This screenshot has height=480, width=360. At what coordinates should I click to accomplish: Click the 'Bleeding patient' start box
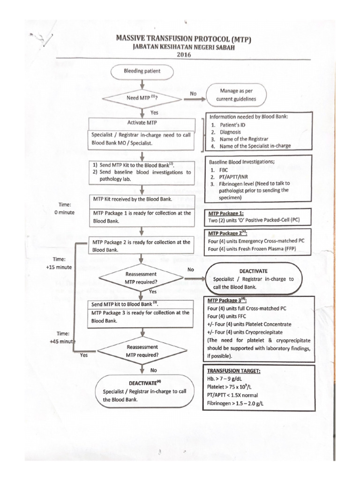click(142, 72)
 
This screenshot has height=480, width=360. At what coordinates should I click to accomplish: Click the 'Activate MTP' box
click(142, 123)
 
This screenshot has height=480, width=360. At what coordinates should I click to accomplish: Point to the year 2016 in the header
click(184, 54)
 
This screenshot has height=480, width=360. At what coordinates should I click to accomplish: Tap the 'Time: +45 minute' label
click(62, 337)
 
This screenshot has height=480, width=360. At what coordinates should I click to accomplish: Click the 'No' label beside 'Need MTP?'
click(193, 93)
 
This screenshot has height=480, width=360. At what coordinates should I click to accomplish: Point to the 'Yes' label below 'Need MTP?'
click(154, 112)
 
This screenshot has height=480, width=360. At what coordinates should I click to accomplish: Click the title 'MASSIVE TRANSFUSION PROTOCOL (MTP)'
click(184, 39)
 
